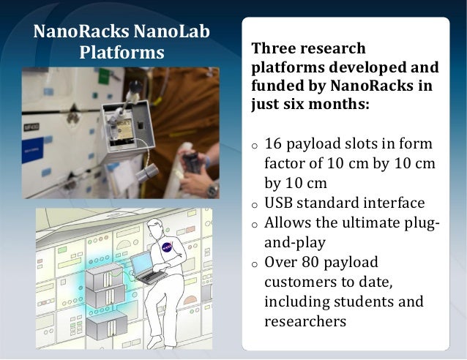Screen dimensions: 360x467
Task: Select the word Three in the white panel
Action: tap(272, 48)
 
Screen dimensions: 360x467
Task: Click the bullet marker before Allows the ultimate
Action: tap(254, 224)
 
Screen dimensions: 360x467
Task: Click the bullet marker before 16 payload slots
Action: tap(254, 145)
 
